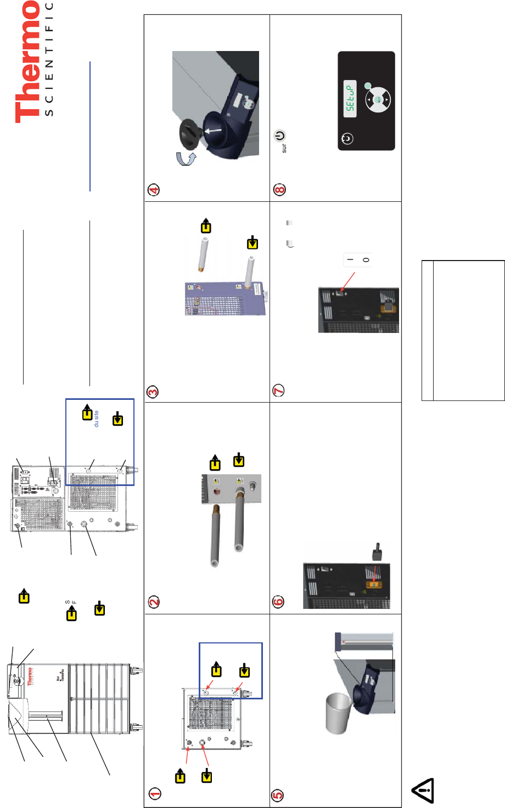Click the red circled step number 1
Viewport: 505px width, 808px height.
click(x=154, y=793)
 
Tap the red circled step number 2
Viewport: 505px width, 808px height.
click(x=154, y=602)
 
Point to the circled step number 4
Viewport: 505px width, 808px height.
click(x=154, y=190)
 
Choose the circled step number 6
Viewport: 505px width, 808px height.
click(x=278, y=601)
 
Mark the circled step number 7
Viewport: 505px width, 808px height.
click(x=279, y=391)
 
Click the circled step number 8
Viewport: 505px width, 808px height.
click(x=279, y=190)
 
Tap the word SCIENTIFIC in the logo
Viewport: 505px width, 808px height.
click(x=48, y=59)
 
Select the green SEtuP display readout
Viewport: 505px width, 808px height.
click(x=350, y=98)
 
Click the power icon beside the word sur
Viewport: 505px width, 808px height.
click(x=280, y=135)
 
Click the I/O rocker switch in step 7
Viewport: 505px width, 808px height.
click(x=358, y=260)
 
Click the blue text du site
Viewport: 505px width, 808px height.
click(x=97, y=419)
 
